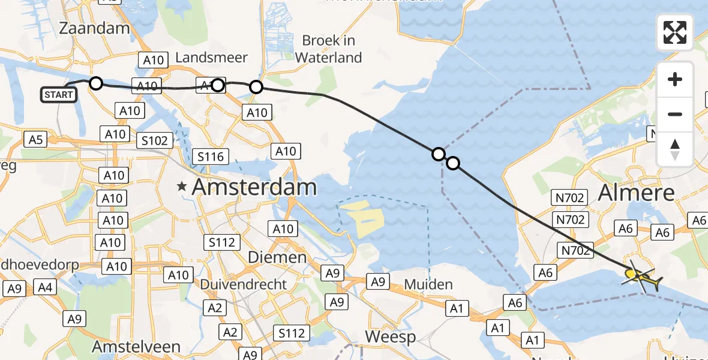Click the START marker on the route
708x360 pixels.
click(x=59, y=95)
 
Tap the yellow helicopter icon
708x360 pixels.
click(x=640, y=277)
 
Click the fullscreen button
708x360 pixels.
click(x=675, y=32)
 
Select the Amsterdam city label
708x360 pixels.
click(x=254, y=187)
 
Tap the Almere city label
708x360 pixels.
click(x=637, y=193)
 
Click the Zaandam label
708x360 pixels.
click(x=95, y=28)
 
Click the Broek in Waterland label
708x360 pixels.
click(x=329, y=49)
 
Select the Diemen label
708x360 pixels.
click(x=277, y=257)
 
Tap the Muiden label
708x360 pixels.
click(x=428, y=284)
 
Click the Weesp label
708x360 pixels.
click(x=391, y=337)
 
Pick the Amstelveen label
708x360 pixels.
click(x=136, y=347)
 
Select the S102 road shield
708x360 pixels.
click(x=155, y=140)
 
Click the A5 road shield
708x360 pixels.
click(x=37, y=140)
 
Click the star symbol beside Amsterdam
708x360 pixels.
click(x=182, y=187)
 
